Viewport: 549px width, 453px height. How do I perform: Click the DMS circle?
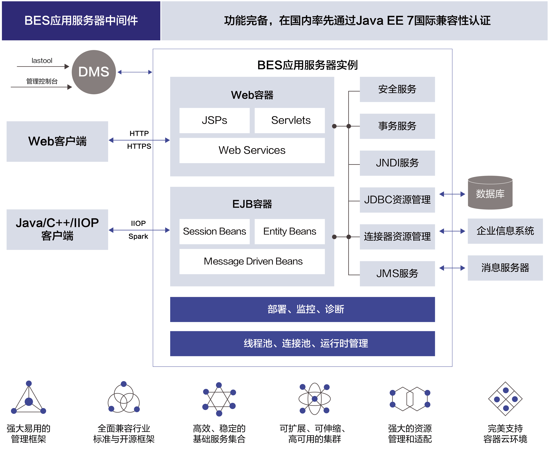point(94,72)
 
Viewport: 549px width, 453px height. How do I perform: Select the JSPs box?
point(214,120)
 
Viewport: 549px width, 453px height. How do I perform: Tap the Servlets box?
point(289,120)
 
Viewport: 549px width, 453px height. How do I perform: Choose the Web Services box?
point(252,150)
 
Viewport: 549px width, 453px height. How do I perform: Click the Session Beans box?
point(214,231)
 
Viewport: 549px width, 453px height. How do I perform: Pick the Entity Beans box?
point(289,231)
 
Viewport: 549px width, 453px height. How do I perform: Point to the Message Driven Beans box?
point(252,261)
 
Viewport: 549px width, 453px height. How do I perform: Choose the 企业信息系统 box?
point(505,231)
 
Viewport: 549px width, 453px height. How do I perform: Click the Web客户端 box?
point(57,141)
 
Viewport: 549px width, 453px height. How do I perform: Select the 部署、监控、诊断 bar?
point(302,309)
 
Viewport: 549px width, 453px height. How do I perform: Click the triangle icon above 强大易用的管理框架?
point(29,398)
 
